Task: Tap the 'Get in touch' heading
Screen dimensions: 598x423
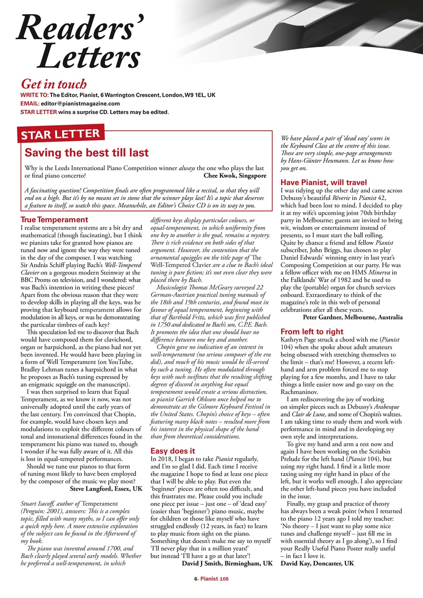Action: click(x=54, y=84)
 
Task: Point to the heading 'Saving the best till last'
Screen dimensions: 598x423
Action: click(x=87, y=152)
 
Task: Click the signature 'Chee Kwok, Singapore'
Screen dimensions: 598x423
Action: click(x=235, y=176)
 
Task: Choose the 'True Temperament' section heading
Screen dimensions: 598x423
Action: click(x=55, y=219)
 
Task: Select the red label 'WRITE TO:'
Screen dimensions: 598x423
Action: click(x=35, y=95)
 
